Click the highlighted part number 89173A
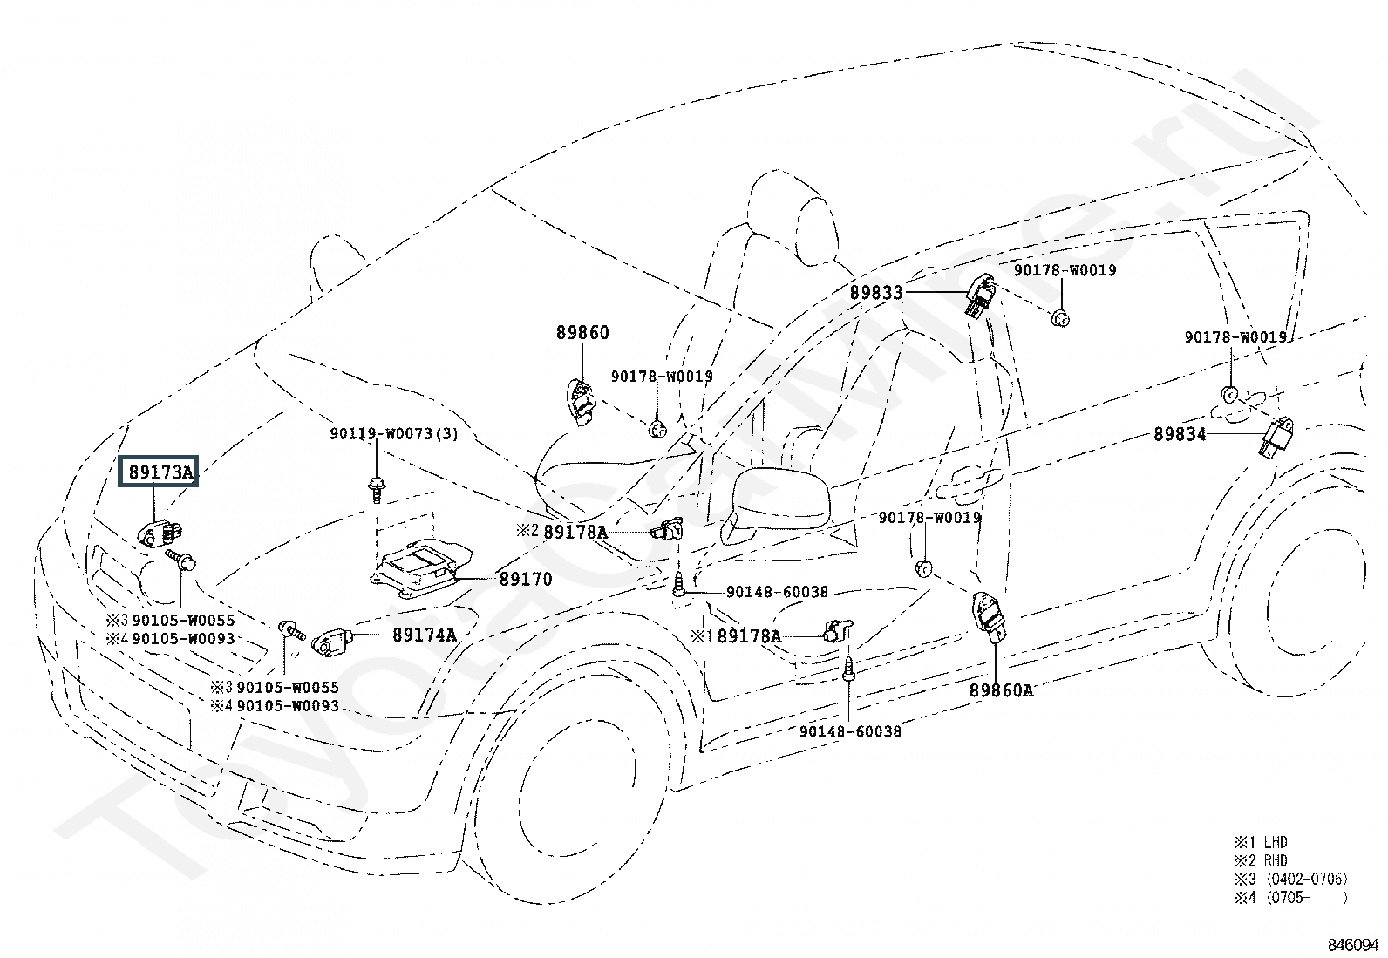pyautogui.click(x=160, y=472)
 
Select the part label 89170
pyautogui.click(x=526, y=579)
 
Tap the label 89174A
pyautogui.click(x=424, y=635)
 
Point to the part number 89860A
pyautogui.click(x=1002, y=690)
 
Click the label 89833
pyautogui.click(x=875, y=293)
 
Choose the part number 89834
pyautogui.click(x=1180, y=434)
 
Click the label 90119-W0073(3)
pyautogui.click(x=394, y=433)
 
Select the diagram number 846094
pyautogui.click(x=1352, y=944)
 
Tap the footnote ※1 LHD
pyautogui.click(x=1261, y=842)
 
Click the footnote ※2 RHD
pyautogui.click(x=1261, y=860)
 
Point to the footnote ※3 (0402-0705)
pyautogui.click(x=1290, y=879)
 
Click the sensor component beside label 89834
pyautogui.click(x=1276, y=436)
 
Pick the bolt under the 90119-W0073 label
pyautogui.click(x=376, y=490)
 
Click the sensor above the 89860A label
pyautogui.click(x=990, y=616)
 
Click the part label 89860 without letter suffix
pyautogui.click(x=582, y=333)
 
